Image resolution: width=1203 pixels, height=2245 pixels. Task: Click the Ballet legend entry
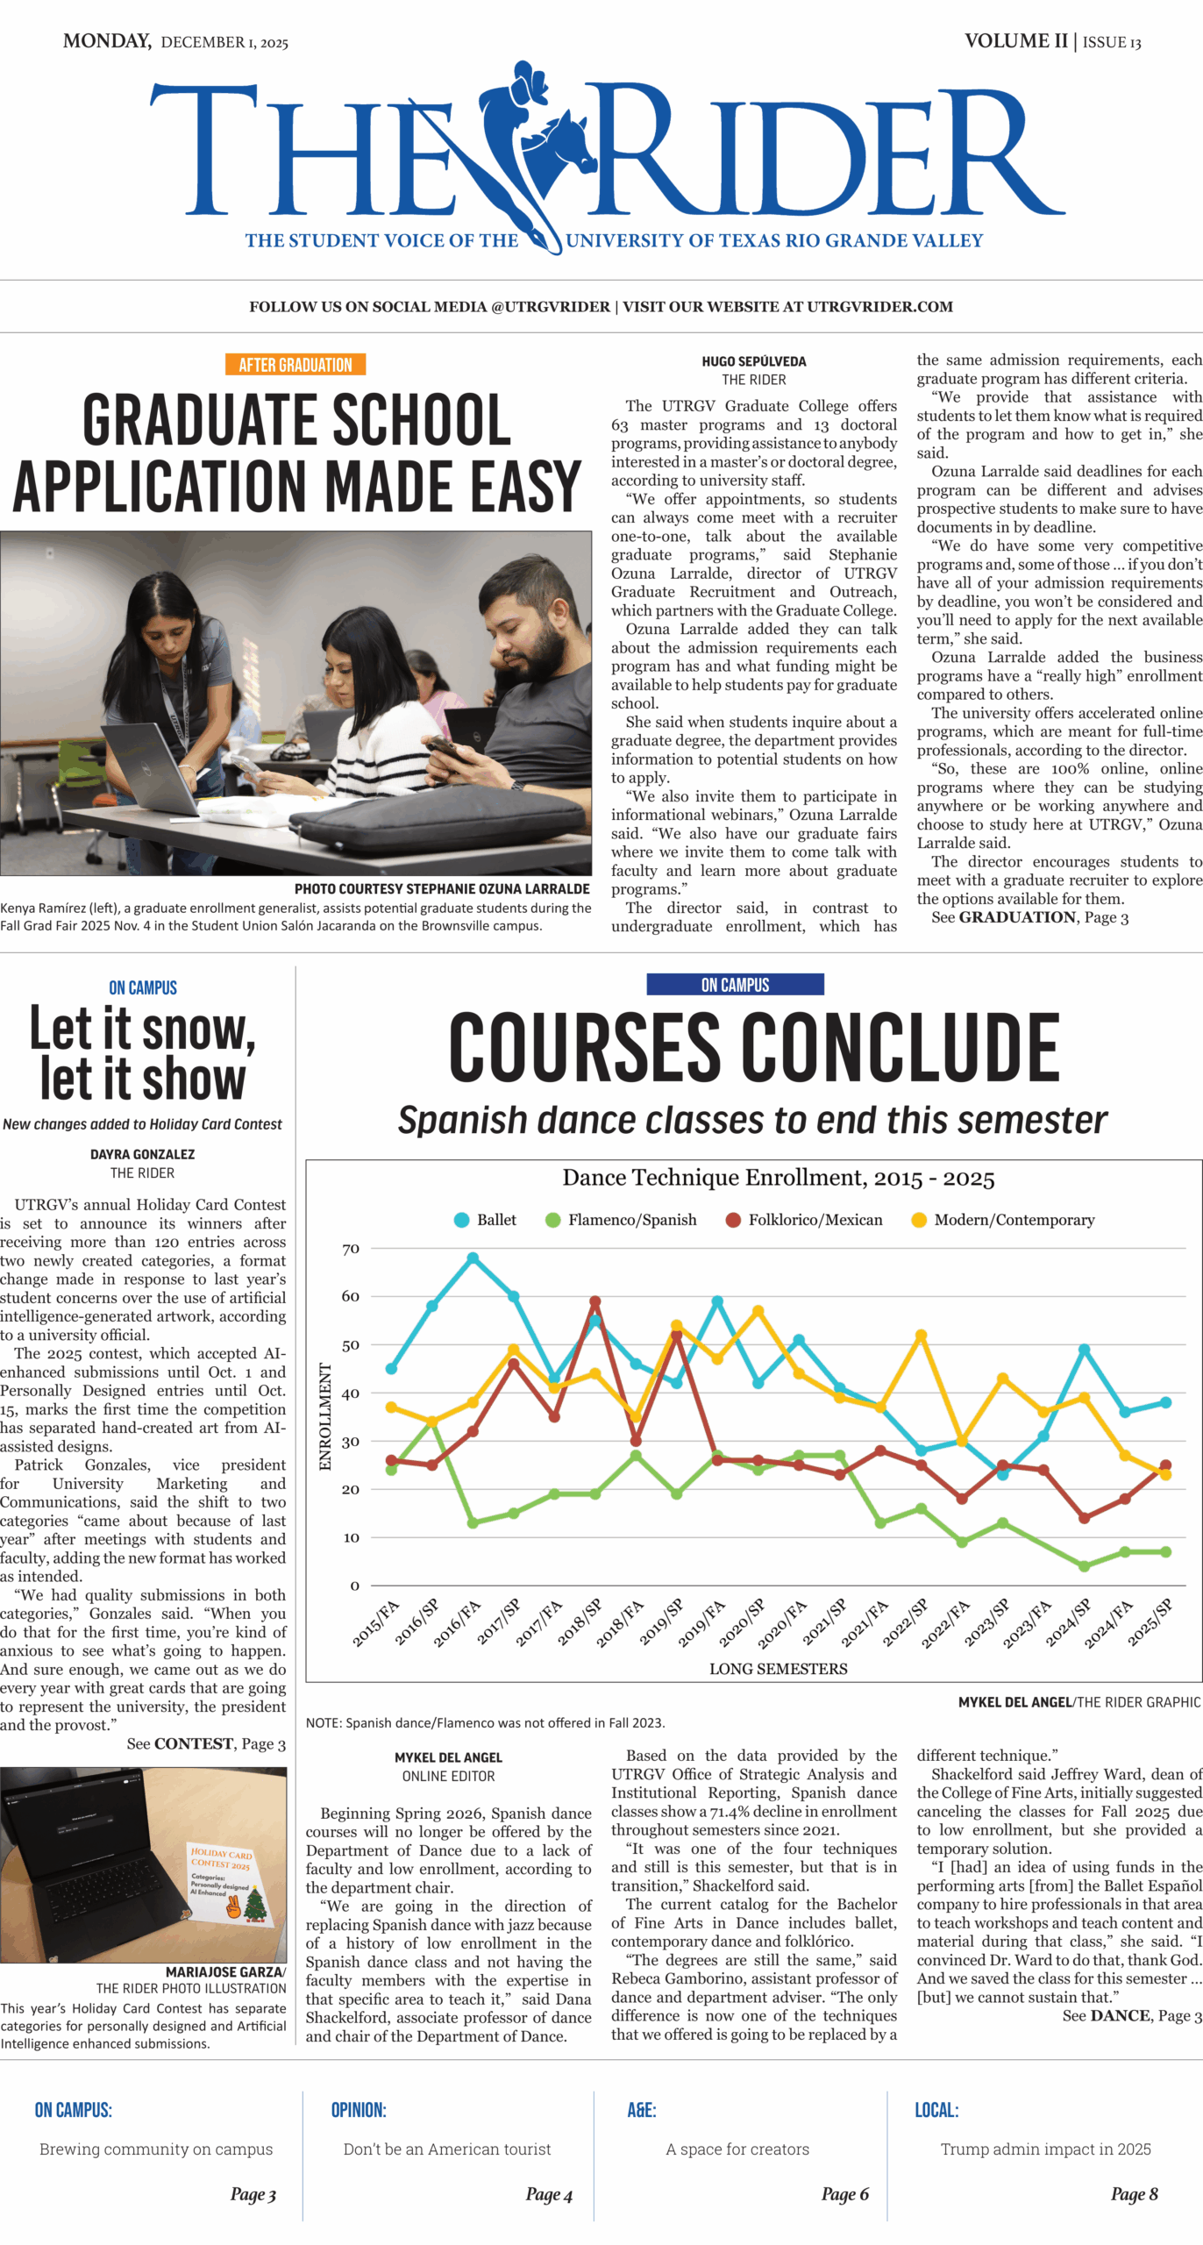coord(486,1220)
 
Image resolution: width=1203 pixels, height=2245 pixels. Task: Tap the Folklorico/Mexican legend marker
coord(733,1220)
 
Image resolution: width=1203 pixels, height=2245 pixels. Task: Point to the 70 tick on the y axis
coord(351,1249)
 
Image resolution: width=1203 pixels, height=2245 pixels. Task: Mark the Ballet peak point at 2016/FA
coord(473,1258)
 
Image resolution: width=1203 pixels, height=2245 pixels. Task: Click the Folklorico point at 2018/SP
coord(595,1302)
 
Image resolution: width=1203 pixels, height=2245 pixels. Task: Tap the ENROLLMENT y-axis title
coord(325,1416)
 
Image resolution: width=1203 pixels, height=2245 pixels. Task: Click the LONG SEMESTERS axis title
coord(778,1669)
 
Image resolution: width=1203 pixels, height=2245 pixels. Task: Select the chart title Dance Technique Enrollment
coord(778,1178)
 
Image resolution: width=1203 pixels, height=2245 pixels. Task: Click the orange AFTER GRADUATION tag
coord(295,365)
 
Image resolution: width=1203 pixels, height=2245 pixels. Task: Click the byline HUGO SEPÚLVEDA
coord(753,361)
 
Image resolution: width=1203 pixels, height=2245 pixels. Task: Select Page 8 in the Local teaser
coord(1134,2194)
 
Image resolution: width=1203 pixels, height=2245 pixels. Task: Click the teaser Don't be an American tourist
coord(447,2149)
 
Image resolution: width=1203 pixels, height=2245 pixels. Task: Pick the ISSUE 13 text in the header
coord(1112,42)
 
